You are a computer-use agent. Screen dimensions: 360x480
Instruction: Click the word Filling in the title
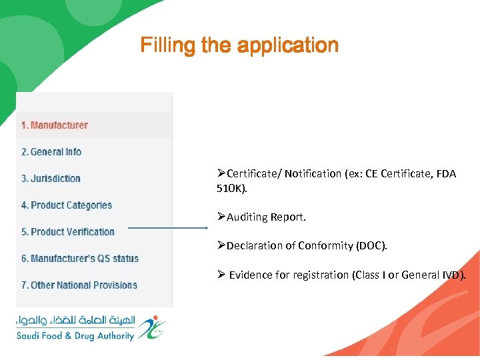click(x=159, y=45)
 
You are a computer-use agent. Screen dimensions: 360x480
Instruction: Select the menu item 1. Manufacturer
click(x=54, y=125)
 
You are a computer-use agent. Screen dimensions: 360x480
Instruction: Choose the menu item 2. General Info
click(x=51, y=152)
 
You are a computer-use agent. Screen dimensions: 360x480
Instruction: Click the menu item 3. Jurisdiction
click(x=51, y=179)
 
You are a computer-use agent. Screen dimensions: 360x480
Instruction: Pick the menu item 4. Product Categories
click(x=67, y=205)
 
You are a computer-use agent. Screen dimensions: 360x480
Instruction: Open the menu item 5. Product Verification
click(x=68, y=232)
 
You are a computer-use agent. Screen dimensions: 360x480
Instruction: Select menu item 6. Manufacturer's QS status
click(x=80, y=259)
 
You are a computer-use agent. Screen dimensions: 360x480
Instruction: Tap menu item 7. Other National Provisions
click(x=79, y=285)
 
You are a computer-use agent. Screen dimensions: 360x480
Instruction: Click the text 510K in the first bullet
click(x=229, y=189)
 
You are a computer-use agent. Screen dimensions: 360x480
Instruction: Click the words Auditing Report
click(x=266, y=217)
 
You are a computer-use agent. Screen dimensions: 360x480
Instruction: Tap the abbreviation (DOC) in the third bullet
click(x=369, y=246)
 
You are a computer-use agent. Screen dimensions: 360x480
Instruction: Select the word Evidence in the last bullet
click(x=251, y=275)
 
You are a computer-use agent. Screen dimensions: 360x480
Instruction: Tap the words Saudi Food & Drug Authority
click(x=75, y=336)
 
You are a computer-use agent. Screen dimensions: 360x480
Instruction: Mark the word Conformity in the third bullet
click(x=324, y=246)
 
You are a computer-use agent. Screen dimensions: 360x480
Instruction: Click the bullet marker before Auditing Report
click(x=221, y=217)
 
